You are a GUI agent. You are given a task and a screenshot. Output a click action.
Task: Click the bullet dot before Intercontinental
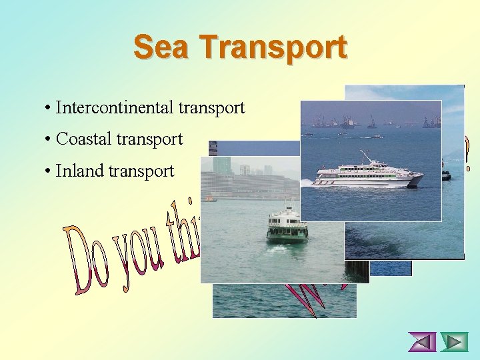click(49, 108)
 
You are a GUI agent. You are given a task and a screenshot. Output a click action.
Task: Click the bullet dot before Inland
click(49, 172)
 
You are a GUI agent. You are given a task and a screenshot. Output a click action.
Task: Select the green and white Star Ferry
click(287, 226)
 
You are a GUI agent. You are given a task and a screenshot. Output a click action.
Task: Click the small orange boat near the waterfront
click(211, 198)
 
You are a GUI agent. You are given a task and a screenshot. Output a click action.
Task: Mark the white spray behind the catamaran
click(309, 182)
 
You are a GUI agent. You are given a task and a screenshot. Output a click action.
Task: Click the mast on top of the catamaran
click(365, 157)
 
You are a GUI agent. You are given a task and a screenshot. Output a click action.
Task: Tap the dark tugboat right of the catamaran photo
click(446, 175)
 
